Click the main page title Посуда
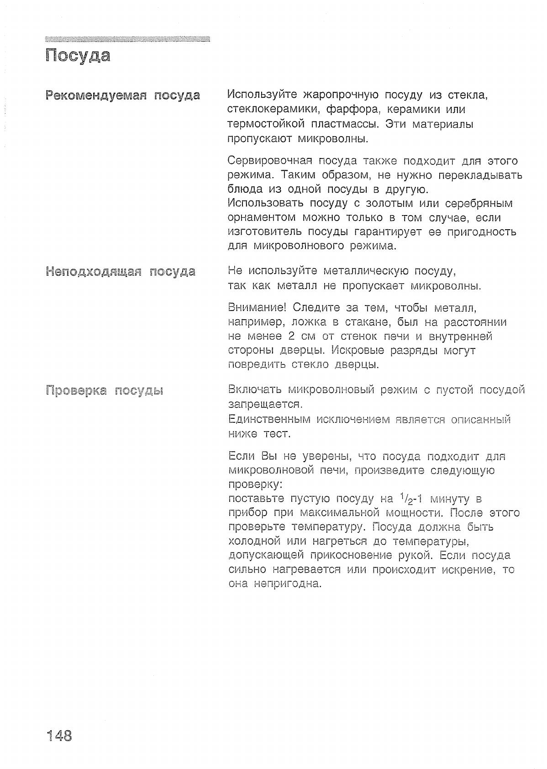coord(78,56)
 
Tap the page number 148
coord(59,736)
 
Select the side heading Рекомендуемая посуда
coord(122,95)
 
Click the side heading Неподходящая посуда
coord(121,272)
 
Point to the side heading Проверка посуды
coord(105,391)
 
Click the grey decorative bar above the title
coord(128,39)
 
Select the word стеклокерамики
coord(270,110)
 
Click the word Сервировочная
coord(270,161)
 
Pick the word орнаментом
coord(262,218)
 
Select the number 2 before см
coord(292,337)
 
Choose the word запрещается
coord(265,405)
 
